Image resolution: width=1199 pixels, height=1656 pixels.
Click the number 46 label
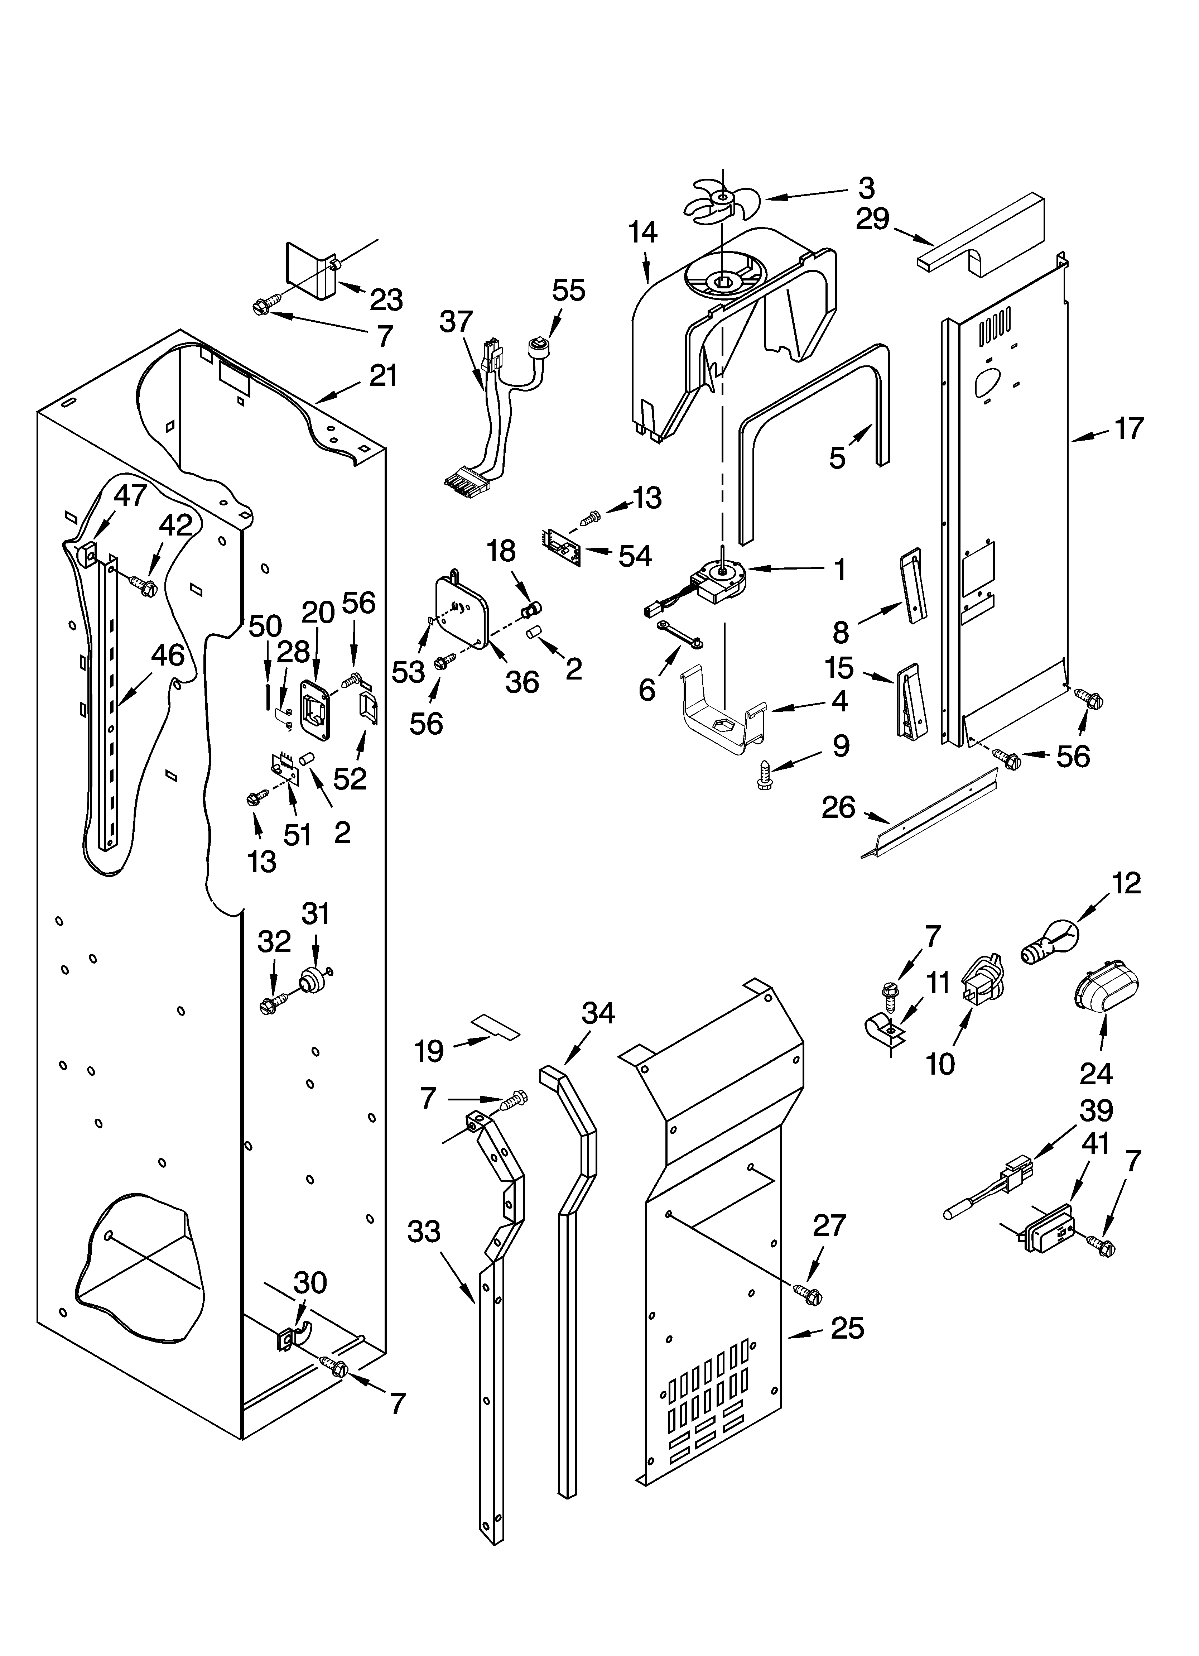(x=167, y=655)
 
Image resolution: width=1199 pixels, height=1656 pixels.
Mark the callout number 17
(x=1128, y=429)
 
